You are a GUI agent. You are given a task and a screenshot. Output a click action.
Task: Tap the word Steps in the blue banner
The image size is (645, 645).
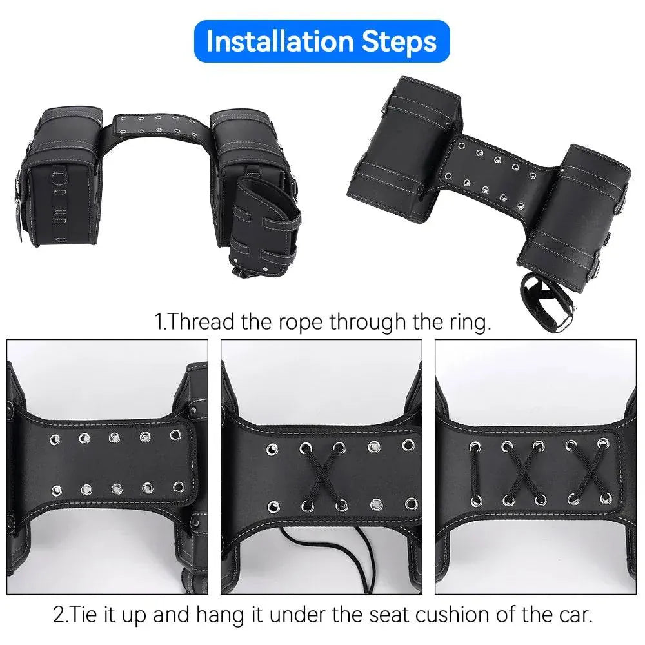[397, 41]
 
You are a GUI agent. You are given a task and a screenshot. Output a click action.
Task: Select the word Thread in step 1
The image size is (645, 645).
[202, 321]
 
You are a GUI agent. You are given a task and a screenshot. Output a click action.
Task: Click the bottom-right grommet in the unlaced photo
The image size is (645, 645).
[174, 489]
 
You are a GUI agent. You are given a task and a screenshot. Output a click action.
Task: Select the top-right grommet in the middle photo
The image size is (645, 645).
[408, 444]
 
